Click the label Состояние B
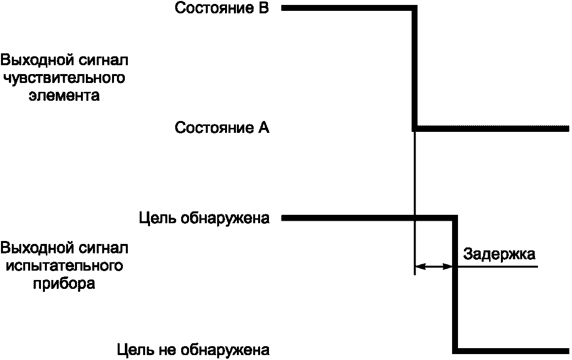tap(222, 8)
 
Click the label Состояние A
tap(222, 128)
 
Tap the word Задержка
tap(499, 255)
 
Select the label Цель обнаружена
tap(204, 218)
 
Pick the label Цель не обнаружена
tap(193, 351)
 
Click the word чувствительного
tap(62, 78)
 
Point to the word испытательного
tap(62, 266)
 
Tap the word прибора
tap(64, 284)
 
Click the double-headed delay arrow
tap(434, 267)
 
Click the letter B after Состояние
tap(263, 8)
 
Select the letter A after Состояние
tap(263, 128)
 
